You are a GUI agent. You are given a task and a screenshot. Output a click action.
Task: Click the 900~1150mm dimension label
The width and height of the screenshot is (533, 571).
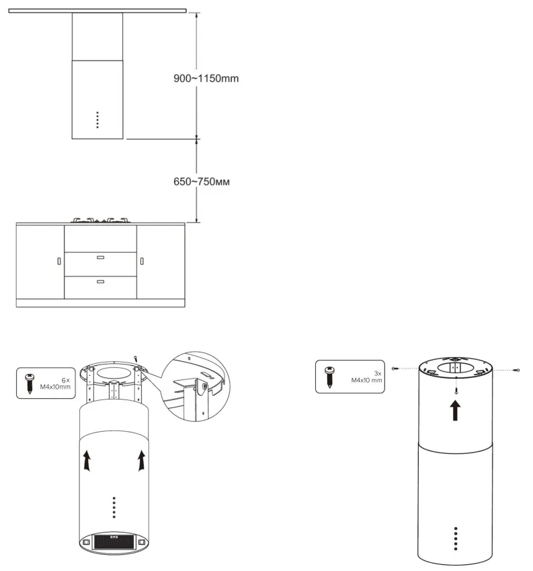(206, 78)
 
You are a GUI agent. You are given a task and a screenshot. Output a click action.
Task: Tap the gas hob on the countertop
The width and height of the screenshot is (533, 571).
(101, 220)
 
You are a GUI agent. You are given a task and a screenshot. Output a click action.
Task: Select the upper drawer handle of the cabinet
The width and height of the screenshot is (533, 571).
(101, 257)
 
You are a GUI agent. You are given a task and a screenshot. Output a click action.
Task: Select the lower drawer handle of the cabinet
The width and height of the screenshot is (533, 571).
(101, 280)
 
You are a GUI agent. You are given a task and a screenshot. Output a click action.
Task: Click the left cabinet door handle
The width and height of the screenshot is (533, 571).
(58, 261)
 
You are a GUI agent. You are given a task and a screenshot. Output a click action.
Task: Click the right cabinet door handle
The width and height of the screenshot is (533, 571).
(142, 261)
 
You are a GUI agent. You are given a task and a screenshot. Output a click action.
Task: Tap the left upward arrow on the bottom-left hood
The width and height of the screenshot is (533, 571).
(86, 461)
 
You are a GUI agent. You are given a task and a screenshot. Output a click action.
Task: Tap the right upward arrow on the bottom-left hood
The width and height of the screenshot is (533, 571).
(141, 461)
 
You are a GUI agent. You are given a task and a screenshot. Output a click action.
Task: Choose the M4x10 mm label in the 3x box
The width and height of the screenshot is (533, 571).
(367, 381)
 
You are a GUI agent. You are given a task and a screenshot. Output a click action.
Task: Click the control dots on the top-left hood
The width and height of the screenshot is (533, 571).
(97, 120)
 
